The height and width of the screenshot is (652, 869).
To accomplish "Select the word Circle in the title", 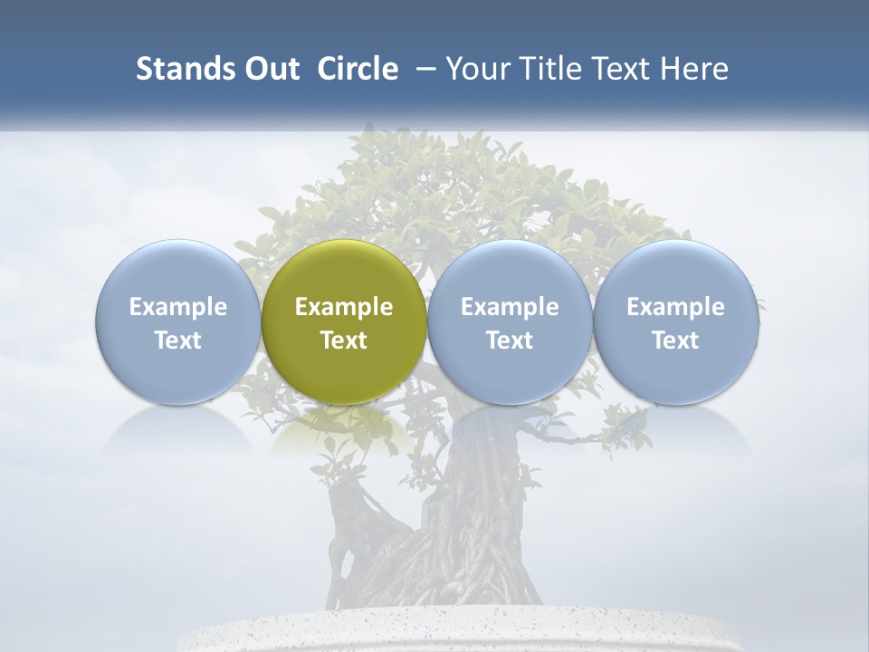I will [x=358, y=69].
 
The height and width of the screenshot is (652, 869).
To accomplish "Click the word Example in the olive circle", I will [x=344, y=307].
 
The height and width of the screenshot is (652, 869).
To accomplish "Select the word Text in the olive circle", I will [x=344, y=340].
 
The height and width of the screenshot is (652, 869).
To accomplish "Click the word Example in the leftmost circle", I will [x=178, y=307].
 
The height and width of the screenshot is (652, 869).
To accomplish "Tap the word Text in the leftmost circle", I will [x=178, y=340].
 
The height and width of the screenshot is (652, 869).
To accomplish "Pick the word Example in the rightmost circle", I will [x=675, y=307].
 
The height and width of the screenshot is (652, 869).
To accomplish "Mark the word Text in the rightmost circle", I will [x=675, y=340].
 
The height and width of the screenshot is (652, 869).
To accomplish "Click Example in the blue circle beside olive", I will [x=510, y=307].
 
